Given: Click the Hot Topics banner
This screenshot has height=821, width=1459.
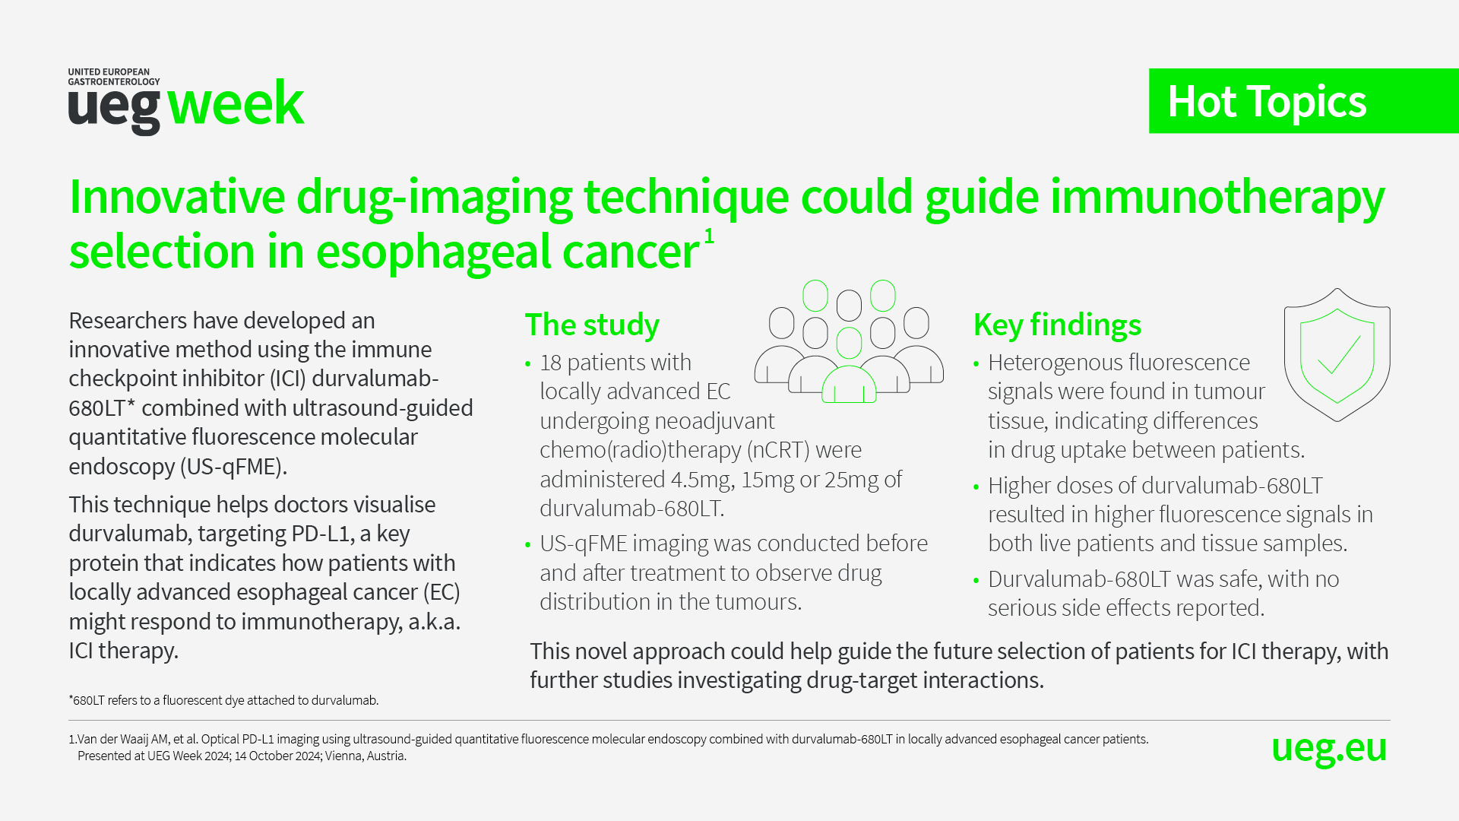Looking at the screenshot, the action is tap(1304, 101).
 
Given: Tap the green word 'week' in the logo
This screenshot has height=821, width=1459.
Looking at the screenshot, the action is tap(236, 103).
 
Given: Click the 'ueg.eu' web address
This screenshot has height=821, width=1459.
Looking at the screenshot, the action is tap(1329, 749).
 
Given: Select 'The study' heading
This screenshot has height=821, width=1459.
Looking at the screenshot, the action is tap(592, 325).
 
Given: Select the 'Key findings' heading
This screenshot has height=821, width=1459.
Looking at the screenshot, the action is tap(1057, 325).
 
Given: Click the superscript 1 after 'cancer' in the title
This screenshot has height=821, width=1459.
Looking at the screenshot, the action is tap(709, 236).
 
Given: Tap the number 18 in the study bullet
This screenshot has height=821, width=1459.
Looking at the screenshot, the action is tap(550, 363).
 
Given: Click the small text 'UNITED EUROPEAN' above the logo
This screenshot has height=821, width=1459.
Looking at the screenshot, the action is tap(109, 72).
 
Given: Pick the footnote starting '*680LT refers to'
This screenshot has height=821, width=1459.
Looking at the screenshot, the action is tap(223, 700).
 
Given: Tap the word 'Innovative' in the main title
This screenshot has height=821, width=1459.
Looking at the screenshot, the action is tap(177, 196).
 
